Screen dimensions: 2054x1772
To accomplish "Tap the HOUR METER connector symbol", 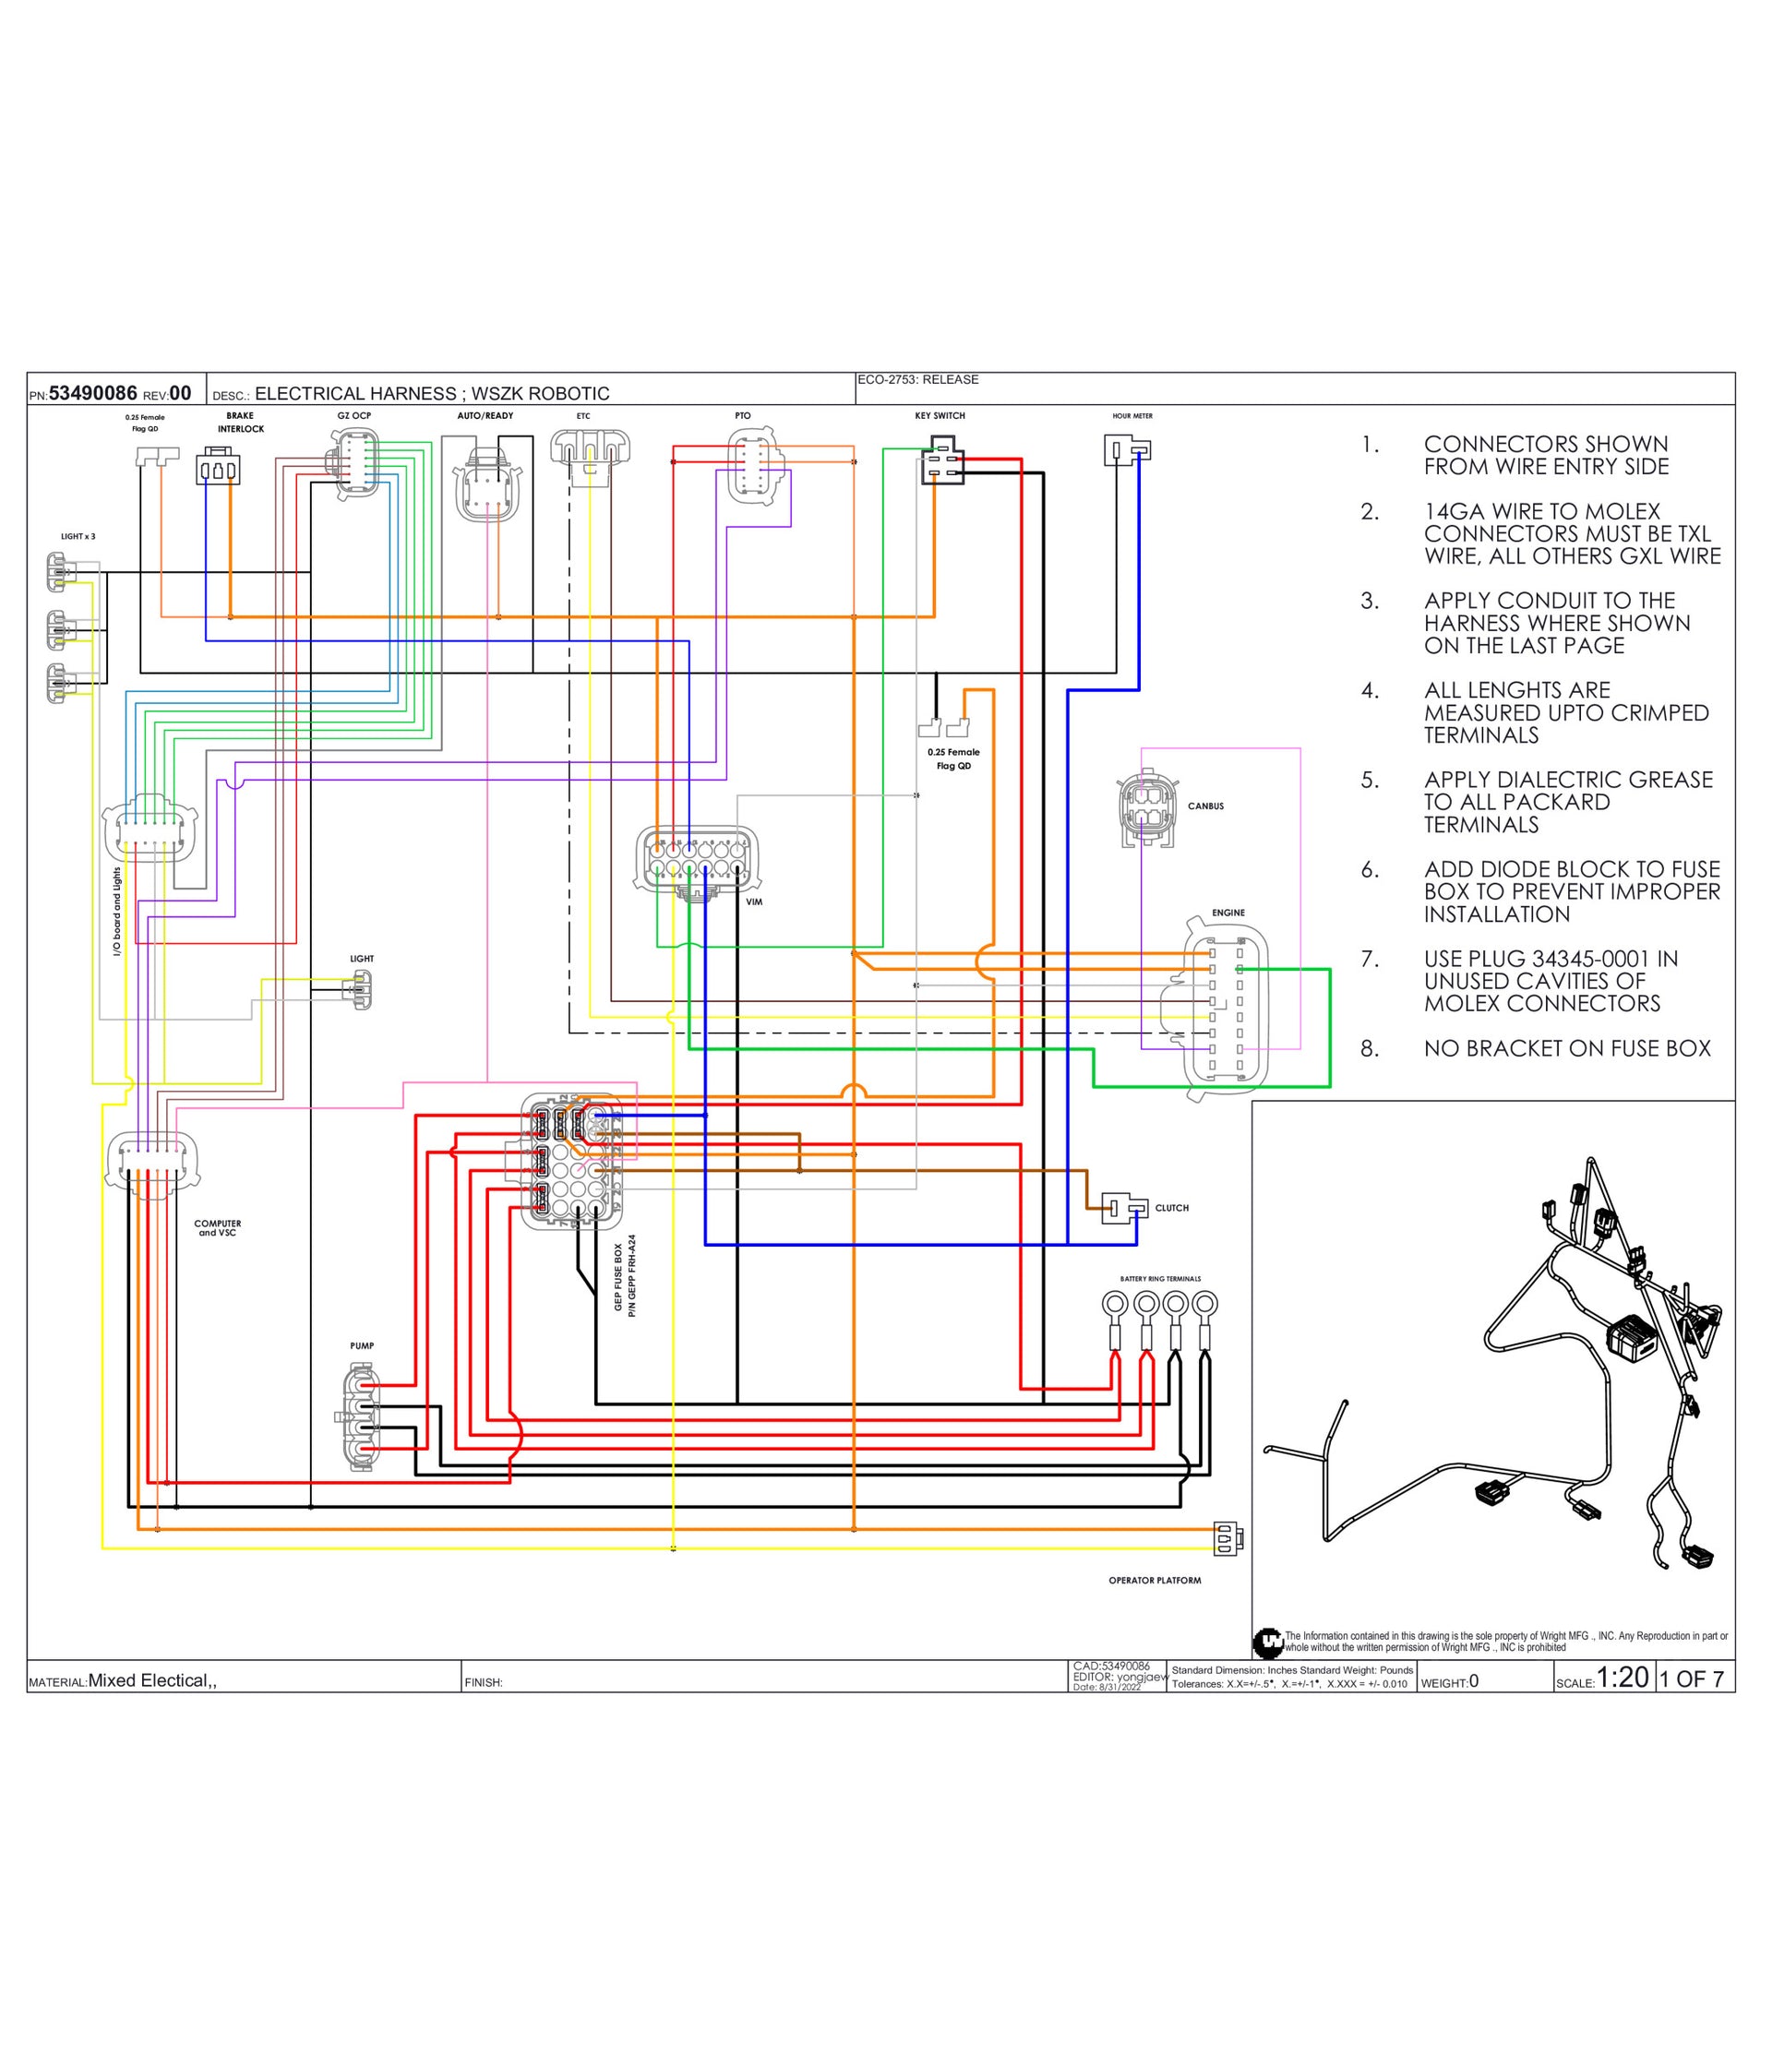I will click(x=1128, y=451).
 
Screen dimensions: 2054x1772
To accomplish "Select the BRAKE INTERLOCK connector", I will click(x=218, y=467).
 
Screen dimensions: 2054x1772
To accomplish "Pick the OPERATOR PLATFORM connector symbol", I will click(x=1227, y=1539).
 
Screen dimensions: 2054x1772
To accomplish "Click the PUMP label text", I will click(x=362, y=1346).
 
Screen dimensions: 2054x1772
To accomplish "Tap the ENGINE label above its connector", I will click(x=1227, y=912).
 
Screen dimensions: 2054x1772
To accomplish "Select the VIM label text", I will click(x=754, y=902).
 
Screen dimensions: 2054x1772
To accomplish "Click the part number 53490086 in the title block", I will click(x=92, y=394).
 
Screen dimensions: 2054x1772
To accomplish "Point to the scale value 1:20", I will click(x=1622, y=1678).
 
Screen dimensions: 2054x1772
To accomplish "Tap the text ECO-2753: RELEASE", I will click(x=917, y=379).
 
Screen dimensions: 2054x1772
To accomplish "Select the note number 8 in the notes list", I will click(x=1370, y=1049).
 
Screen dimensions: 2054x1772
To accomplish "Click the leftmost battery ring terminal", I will click(x=1116, y=1304).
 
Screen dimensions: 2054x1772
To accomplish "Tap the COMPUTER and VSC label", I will click(x=217, y=1228).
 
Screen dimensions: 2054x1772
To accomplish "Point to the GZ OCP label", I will click(x=354, y=415).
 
